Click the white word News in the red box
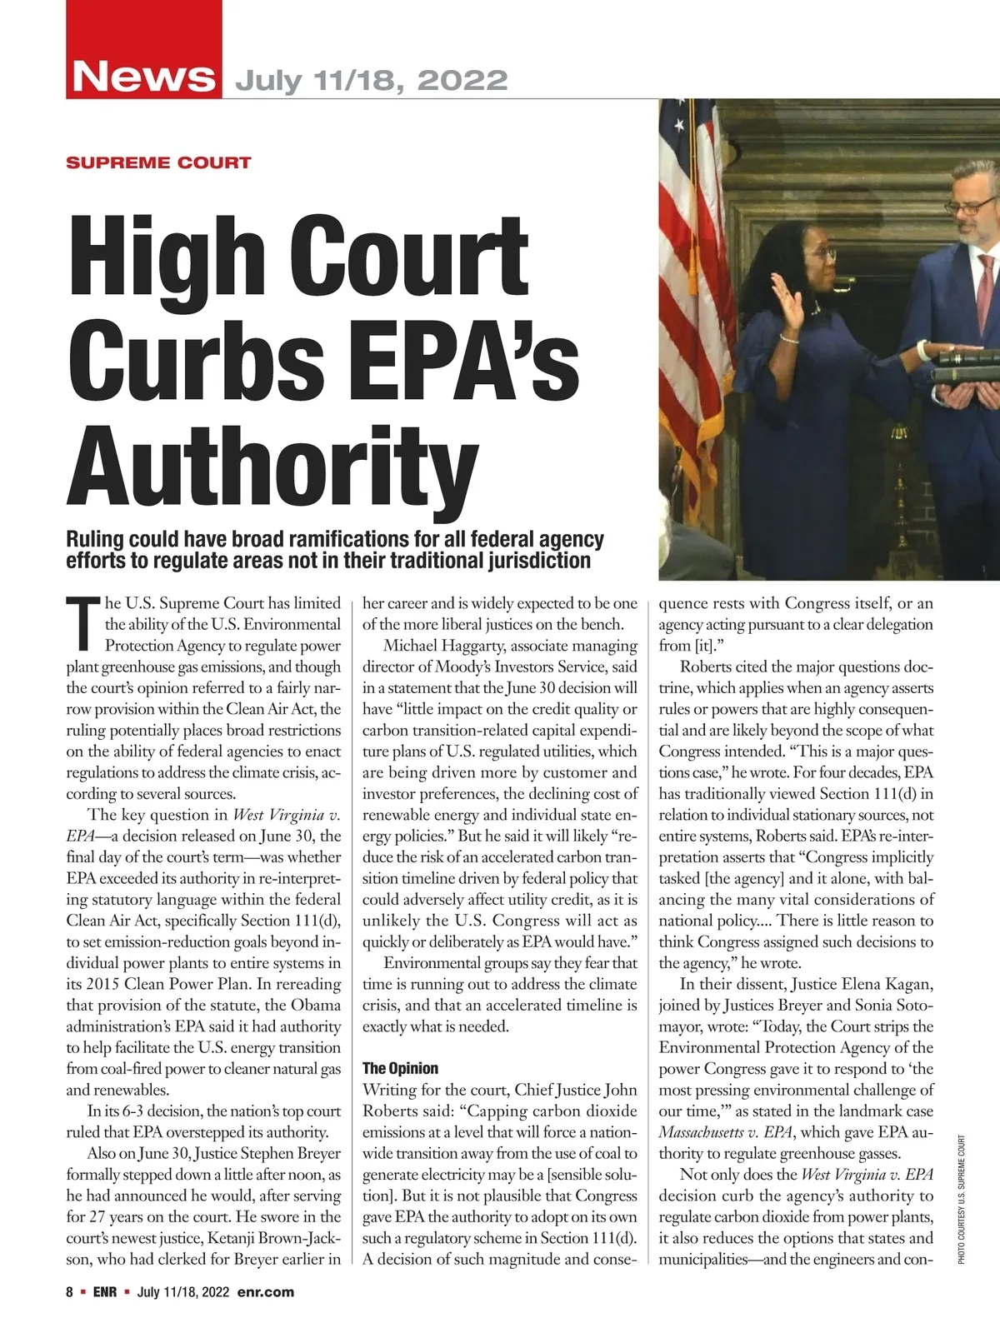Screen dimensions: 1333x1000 coord(143,77)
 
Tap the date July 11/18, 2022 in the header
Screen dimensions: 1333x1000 coord(372,80)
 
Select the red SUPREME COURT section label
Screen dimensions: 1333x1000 coord(158,162)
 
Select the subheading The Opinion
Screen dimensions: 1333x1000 coord(400,1068)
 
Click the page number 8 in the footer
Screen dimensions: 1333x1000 coord(70,1292)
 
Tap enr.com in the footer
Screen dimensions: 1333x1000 coord(266,1292)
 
